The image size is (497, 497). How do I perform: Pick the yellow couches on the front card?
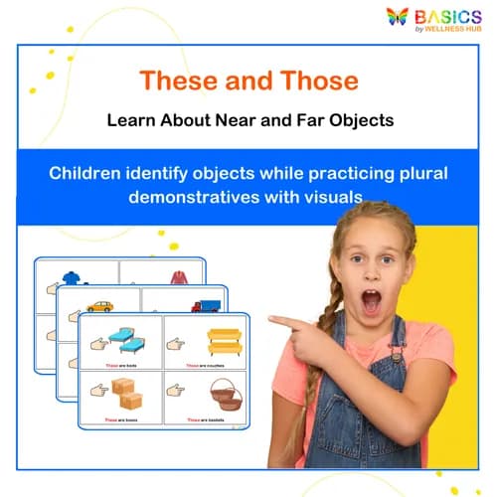[224, 342]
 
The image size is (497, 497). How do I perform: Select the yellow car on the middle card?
[100, 306]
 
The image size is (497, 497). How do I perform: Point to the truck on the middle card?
[207, 305]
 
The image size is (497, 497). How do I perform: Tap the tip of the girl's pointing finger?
[271, 320]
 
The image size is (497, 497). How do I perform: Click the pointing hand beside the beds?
[99, 344]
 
